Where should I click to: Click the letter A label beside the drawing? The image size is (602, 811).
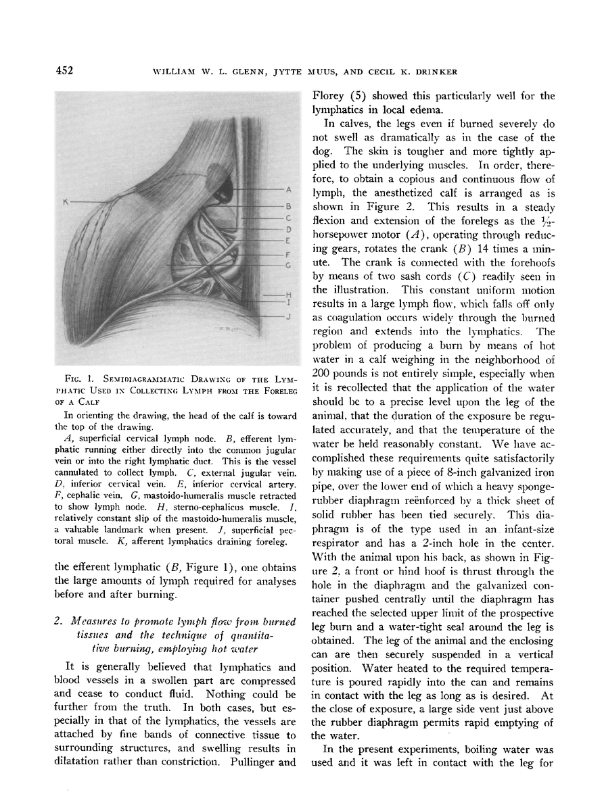(x=288, y=189)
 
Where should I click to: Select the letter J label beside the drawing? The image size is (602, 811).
(x=288, y=316)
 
